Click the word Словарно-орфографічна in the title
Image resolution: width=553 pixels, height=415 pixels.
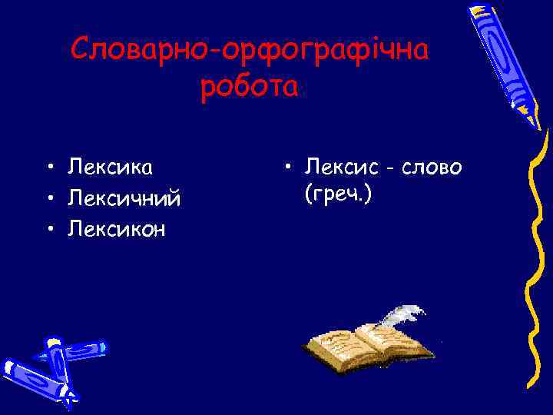(250, 51)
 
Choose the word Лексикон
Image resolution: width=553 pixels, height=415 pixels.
(117, 228)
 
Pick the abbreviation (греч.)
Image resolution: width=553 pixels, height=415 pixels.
(338, 194)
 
